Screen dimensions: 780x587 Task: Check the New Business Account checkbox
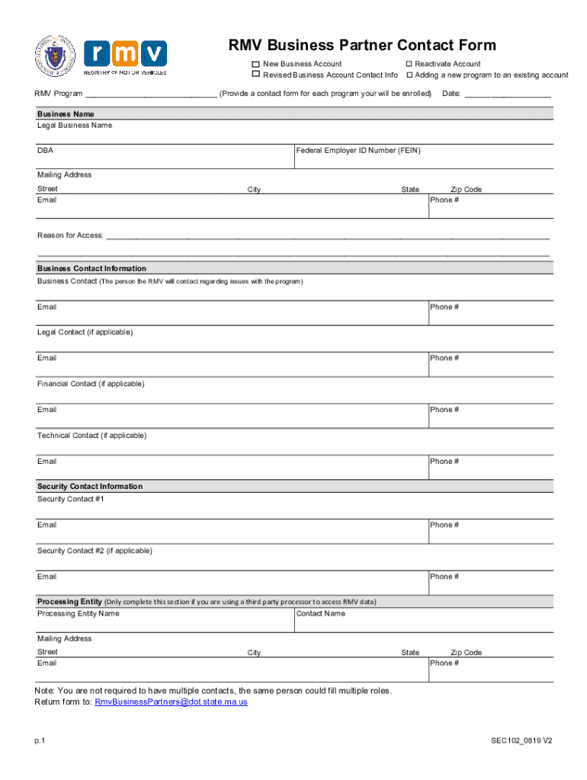pyautogui.click(x=256, y=64)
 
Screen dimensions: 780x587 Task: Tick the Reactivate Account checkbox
pyautogui.click(x=409, y=64)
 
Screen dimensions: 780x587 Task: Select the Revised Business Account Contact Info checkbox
pyautogui.click(x=256, y=75)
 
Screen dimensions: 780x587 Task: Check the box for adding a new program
pyautogui.click(x=409, y=75)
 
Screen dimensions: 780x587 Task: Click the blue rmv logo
pyautogui.click(x=125, y=53)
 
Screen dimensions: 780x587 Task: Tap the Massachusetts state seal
pyautogui.click(x=56, y=56)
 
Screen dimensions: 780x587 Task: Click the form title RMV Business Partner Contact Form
pyautogui.click(x=362, y=46)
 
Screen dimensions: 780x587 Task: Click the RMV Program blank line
pyautogui.click(x=151, y=94)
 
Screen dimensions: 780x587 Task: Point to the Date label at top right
pyautogui.click(x=451, y=94)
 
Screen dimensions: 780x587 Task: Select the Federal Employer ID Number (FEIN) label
pyautogui.click(x=358, y=151)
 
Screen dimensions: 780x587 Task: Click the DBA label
pyautogui.click(x=46, y=151)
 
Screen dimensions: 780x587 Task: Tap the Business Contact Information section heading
pyautogui.click(x=91, y=269)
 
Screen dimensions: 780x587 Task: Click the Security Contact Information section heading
pyautogui.click(x=90, y=487)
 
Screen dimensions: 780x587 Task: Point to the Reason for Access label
pyautogui.click(x=70, y=235)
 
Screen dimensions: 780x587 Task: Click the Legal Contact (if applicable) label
pyautogui.click(x=85, y=333)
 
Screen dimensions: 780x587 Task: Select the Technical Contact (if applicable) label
pyautogui.click(x=91, y=436)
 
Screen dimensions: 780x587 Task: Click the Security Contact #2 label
pyautogui.click(x=95, y=551)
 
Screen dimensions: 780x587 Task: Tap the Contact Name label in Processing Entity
pyautogui.click(x=320, y=614)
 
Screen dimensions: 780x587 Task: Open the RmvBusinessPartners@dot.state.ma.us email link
pyautogui.click(x=171, y=702)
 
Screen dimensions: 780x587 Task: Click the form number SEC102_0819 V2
pyautogui.click(x=521, y=740)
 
